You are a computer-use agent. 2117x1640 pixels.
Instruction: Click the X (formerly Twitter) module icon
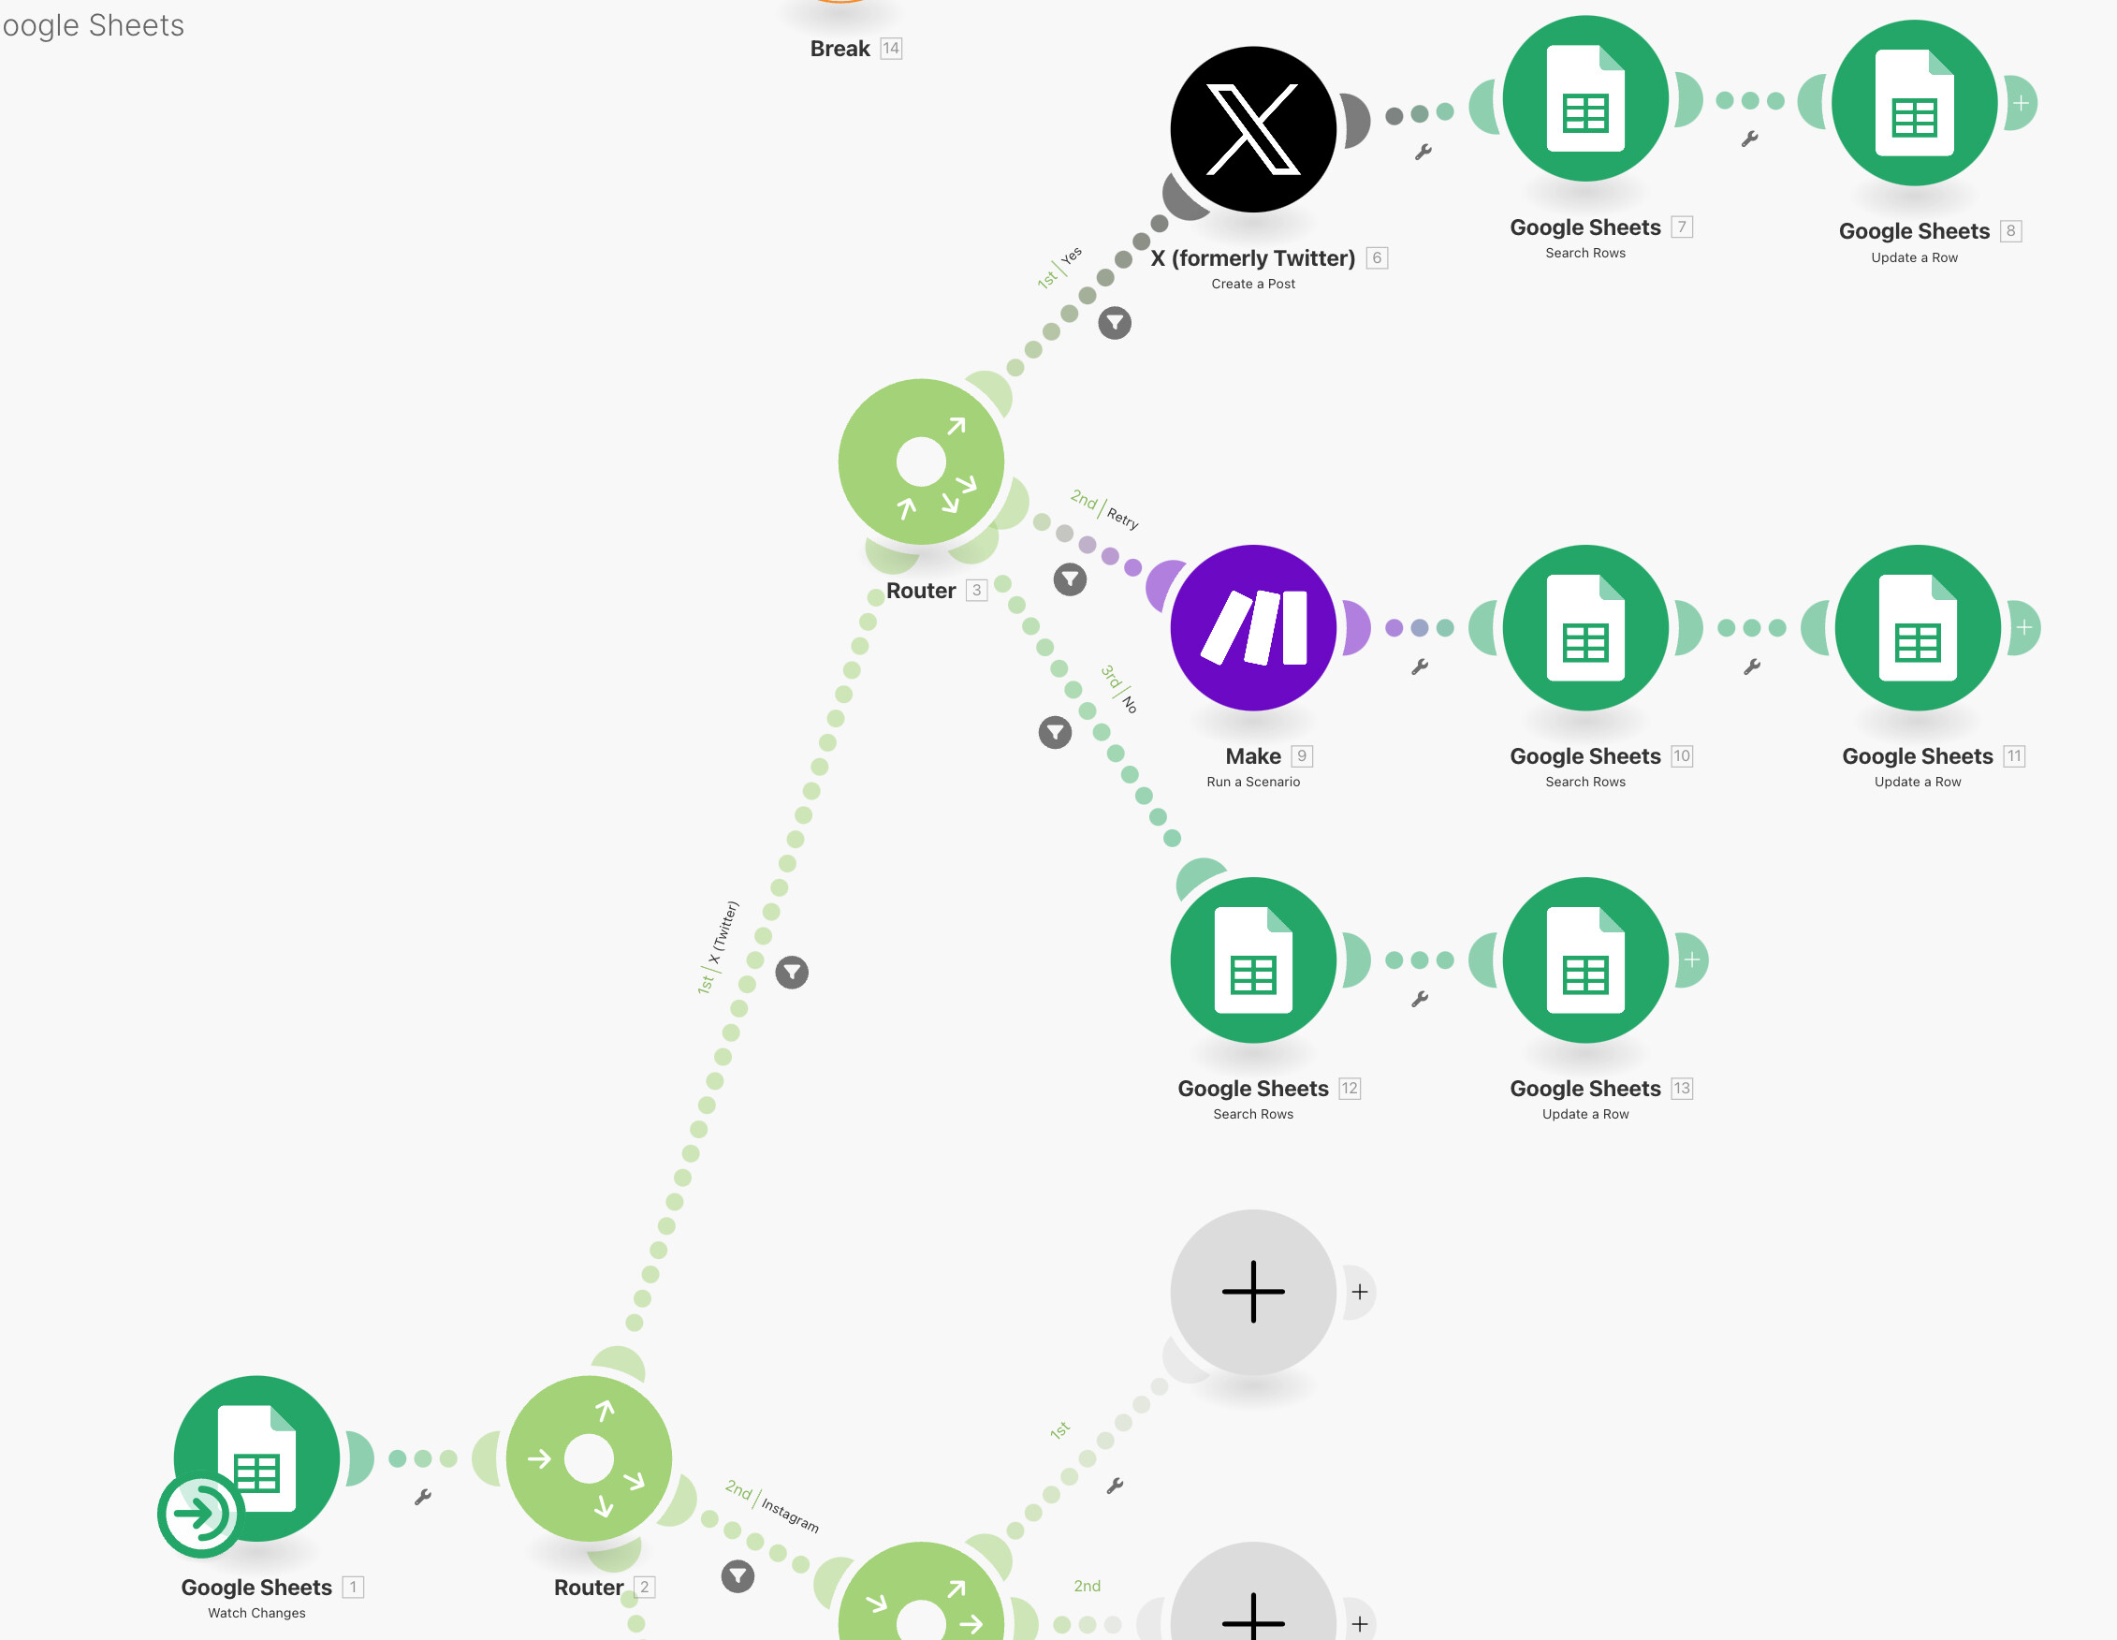[x=1253, y=129]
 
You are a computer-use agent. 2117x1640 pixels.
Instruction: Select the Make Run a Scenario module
[x=1253, y=627]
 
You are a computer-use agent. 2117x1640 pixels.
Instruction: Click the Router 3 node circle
[x=921, y=461]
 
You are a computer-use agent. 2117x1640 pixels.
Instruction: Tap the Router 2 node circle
[x=589, y=1457]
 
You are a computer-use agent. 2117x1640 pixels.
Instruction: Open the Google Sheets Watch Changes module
[x=255, y=1457]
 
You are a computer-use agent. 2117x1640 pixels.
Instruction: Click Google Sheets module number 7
[x=1585, y=98]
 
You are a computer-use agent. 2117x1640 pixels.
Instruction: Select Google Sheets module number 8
[x=1915, y=102]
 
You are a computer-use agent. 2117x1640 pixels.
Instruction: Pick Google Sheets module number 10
[x=1585, y=627]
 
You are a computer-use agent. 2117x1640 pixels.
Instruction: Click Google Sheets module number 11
[x=1918, y=627]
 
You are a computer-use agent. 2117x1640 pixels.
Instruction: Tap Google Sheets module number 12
[x=1253, y=959]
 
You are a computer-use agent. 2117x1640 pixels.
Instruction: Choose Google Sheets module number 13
[x=1585, y=959]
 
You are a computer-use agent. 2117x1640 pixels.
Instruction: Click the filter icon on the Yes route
[x=1115, y=323]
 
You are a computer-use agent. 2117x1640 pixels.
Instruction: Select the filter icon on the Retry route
[x=1070, y=579]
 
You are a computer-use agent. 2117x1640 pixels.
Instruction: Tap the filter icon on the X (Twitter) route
[x=792, y=973]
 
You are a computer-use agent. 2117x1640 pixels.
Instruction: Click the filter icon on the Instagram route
[x=737, y=1576]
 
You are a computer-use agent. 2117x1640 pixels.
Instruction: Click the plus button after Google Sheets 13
[x=1691, y=959]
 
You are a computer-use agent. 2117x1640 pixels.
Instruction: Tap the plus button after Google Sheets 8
[x=2021, y=103]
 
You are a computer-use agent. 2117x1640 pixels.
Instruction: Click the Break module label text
[x=839, y=49]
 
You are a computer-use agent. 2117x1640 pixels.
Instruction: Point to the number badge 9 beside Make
[x=1302, y=756]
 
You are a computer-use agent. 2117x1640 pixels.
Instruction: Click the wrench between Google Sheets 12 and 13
[x=1420, y=999]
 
